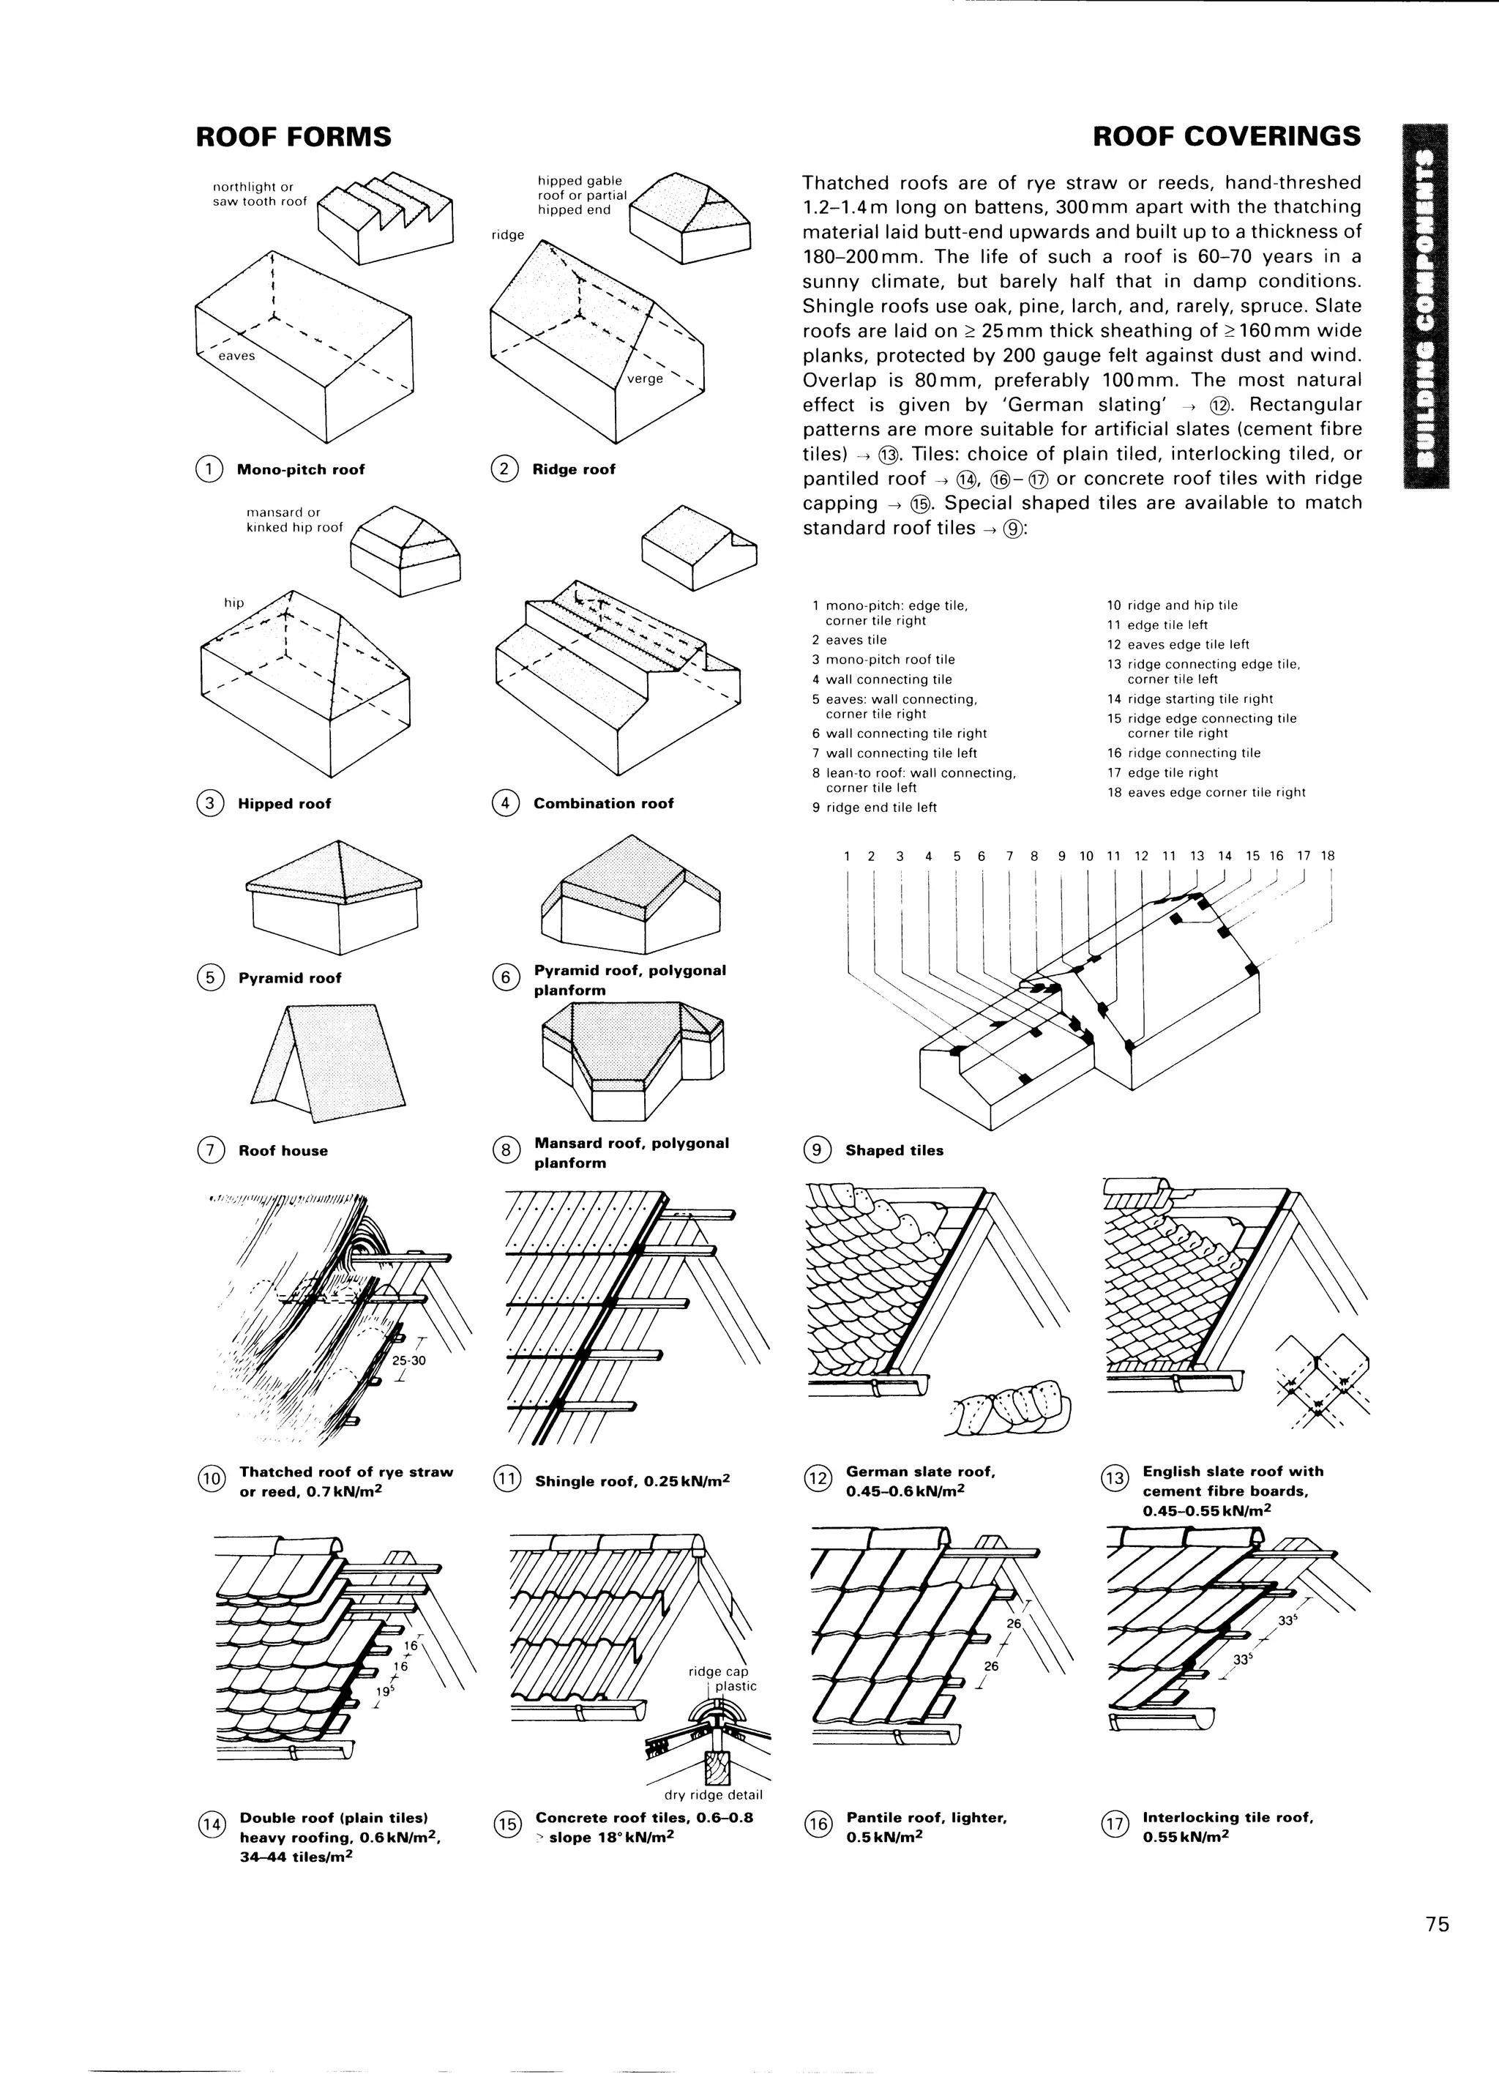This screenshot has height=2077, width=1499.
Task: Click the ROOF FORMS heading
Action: coord(293,138)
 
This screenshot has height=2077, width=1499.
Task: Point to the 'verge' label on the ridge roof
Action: coord(645,379)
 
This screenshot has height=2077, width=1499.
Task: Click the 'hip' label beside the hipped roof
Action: coord(234,603)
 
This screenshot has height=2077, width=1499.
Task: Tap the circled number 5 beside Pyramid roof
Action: coord(209,978)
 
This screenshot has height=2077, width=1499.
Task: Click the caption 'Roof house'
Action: coord(283,1151)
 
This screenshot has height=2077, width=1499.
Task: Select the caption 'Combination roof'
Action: coord(602,804)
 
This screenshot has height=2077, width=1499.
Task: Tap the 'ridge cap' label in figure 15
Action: coord(718,1672)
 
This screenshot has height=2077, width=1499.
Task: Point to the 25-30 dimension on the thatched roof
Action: coord(408,1360)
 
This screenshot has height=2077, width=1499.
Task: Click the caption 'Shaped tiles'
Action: coord(894,1151)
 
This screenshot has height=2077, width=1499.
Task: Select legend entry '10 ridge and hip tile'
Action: coord(1172,605)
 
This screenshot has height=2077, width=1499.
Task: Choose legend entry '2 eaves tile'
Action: coord(849,640)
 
